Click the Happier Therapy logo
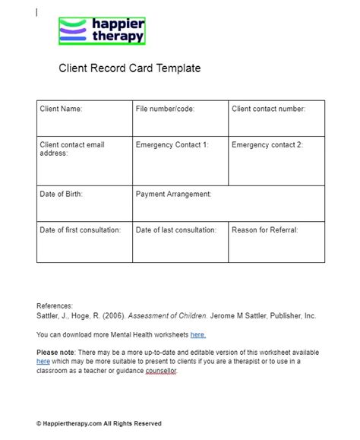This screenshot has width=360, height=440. coord(102,30)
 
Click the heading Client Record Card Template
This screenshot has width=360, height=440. coord(130,68)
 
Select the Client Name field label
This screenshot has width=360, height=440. coord(61,109)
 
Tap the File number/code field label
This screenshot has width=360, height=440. coord(165,109)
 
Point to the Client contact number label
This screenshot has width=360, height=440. coord(268,109)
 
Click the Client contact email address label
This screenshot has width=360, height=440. coord(71,149)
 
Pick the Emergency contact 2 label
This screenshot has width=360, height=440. coord(267,144)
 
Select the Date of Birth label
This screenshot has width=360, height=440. coord(61,195)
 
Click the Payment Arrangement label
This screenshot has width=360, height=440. coord(173,195)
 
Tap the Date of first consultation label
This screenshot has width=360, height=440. coord(80,229)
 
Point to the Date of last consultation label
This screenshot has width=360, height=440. coord(175,229)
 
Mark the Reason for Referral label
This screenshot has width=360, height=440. coord(264,229)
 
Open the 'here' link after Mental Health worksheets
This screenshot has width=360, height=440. coord(197,334)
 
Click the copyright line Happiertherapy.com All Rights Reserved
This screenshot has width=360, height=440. coord(99,423)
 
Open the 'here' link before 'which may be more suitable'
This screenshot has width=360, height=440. coord(43,362)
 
